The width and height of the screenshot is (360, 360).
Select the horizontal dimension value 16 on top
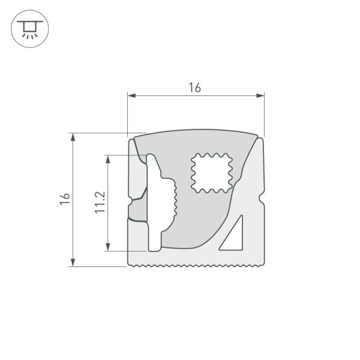pyautogui.click(x=194, y=88)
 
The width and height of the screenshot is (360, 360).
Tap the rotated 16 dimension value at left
pyautogui.click(x=65, y=199)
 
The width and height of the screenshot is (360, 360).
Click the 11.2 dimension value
pyautogui.click(x=100, y=202)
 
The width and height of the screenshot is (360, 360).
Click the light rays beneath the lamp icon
pyautogui.click(x=27, y=34)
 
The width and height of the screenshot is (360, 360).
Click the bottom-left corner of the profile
pyautogui.click(x=130, y=265)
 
